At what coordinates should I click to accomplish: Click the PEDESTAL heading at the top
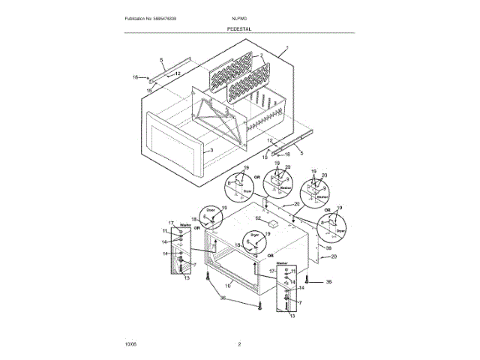tap(239, 28)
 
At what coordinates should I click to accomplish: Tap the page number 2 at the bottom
tap(239, 343)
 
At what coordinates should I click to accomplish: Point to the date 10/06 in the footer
tap(130, 343)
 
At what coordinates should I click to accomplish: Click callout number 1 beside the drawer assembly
tap(286, 50)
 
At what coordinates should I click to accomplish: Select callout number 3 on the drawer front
tap(212, 150)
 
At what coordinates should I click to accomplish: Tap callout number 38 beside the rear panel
tap(328, 246)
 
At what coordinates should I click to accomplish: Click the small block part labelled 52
tap(274, 223)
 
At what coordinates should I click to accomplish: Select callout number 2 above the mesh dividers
tap(262, 56)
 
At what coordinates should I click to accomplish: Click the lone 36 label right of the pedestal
tap(328, 281)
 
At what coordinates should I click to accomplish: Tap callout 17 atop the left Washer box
tap(171, 223)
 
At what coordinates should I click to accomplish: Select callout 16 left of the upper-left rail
tap(136, 76)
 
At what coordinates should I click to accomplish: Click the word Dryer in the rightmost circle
tap(340, 231)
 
